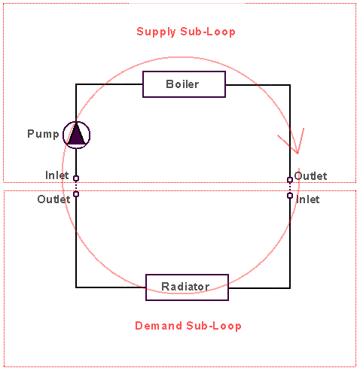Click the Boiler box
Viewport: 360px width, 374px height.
pyautogui.click(x=184, y=84)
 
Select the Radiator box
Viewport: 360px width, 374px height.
pyautogui.click(x=187, y=287)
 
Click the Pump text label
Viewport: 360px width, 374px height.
pyautogui.click(x=43, y=134)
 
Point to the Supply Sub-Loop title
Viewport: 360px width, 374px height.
pyautogui.click(x=186, y=32)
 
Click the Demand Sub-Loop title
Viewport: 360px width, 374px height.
pyautogui.click(x=188, y=326)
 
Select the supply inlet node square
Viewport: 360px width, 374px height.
pyautogui.click(x=76, y=178)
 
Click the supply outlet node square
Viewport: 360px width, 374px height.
pyautogui.click(x=290, y=180)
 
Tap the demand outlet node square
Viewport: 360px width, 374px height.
pyautogui.click(x=76, y=194)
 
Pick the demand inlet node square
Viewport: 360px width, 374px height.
pyautogui.click(x=290, y=196)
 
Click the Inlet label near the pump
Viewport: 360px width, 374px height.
pyautogui.click(x=57, y=175)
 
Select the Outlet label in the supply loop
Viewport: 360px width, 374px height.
pyautogui.click(x=310, y=176)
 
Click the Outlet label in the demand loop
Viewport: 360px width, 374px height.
pyautogui.click(x=53, y=199)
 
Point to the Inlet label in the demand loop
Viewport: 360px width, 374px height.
pyautogui.click(x=308, y=199)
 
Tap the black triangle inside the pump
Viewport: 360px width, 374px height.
pyautogui.click(x=76, y=134)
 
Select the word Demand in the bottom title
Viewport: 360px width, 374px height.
pyautogui.click(x=159, y=326)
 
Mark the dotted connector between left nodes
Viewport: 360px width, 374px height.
pyautogui.click(x=76, y=186)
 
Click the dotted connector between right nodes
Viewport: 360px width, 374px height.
pyautogui.click(x=290, y=187)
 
